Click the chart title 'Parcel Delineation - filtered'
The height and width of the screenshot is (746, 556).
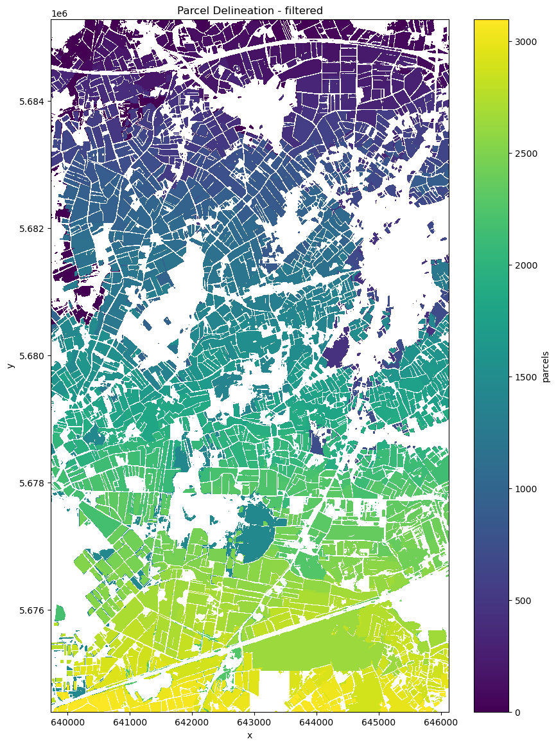[x=250, y=10]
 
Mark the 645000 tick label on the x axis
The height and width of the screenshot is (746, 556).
[x=378, y=722]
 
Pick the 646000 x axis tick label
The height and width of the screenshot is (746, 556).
[x=440, y=722]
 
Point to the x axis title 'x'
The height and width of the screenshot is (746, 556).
[x=250, y=735]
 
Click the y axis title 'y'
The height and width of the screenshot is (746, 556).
[x=10, y=366]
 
